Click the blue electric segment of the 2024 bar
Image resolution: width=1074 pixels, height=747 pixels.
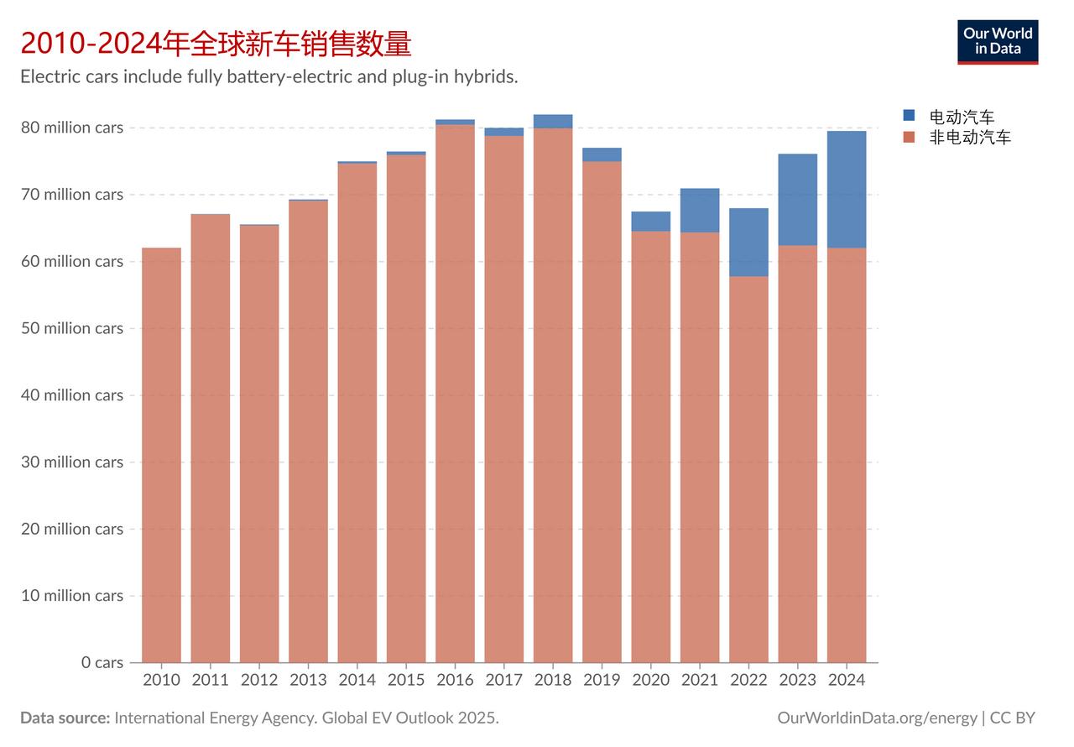coord(847,189)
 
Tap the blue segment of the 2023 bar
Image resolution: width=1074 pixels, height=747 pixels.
coord(797,199)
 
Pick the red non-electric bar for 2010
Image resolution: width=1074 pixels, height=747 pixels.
coord(161,453)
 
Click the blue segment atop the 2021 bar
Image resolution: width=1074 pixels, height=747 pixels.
coord(700,210)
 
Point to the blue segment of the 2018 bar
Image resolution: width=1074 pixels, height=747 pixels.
coord(553,121)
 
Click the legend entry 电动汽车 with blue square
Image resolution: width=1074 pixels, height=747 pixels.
coord(961,117)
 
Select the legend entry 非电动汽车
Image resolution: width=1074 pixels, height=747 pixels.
coord(969,138)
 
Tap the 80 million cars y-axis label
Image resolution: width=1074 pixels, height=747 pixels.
coord(72,128)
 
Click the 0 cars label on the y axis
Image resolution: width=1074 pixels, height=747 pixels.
coord(102,662)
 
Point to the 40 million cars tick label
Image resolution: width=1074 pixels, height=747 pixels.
coord(72,394)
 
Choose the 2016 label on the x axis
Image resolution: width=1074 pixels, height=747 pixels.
coord(455,680)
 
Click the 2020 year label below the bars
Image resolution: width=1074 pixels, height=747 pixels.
coord(650,680)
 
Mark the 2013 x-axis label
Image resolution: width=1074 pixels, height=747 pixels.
coord(308,680)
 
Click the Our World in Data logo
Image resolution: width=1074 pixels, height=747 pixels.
coord(998,42)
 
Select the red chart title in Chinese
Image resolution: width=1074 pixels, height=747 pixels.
coord(216,42)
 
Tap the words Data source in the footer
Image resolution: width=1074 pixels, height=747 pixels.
coord(65,718)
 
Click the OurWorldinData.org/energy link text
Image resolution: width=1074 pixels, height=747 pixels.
coord(877,718)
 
